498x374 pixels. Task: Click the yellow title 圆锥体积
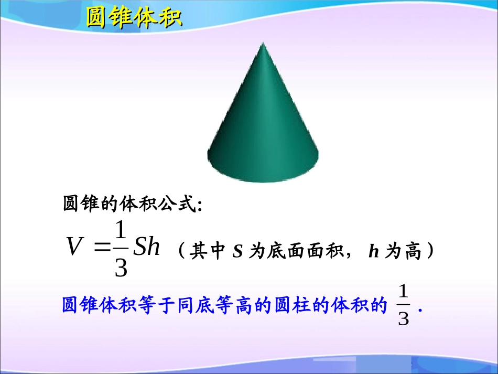click(133, 18)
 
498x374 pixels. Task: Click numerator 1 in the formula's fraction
click(121, 231)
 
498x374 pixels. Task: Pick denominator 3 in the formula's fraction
click(121, 268)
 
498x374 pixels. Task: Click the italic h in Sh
click(153, 247)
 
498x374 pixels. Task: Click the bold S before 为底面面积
click(237, 252)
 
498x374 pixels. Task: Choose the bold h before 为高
click(373, 252)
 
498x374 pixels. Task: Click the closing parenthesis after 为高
click(429, 252)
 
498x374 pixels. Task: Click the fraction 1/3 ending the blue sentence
click(403, 305)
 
